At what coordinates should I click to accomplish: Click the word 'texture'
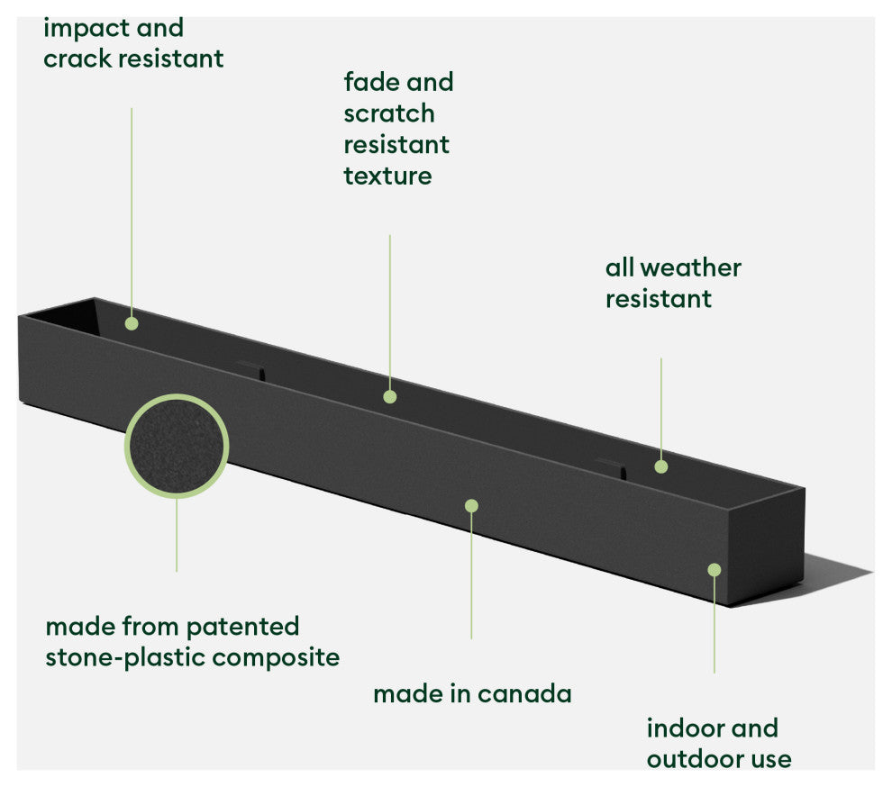[x=387, y=175]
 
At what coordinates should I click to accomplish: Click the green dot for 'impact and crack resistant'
[x=132, y=323]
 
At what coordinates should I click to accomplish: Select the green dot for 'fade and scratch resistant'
[x=389, y=396]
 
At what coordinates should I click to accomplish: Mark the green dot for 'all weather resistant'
[x=660, y=466]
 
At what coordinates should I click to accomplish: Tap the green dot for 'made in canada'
[x=471, y=506]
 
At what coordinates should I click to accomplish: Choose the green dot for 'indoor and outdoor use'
[x=714, y=569]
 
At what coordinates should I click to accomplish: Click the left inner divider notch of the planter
[x=251, y=369]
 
